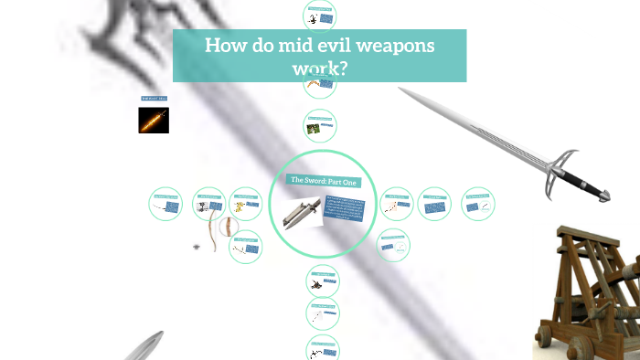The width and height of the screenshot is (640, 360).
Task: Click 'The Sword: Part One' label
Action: pyautogui.click(x=325, y=181)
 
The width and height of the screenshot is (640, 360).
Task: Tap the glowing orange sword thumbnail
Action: pyautogui.click(x=154, y=120)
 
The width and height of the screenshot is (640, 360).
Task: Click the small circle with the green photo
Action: pyautogui.click(x=319, y=126)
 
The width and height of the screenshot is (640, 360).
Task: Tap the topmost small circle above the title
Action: pyautogui.click(x=319, y=15)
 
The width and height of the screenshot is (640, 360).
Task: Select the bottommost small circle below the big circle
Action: pyautogui.click(x=321, y=348)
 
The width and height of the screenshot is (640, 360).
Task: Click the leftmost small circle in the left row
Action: pyautogui.click(x=165, y=204)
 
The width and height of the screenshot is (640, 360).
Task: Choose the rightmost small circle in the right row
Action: pyautogui.click(x=478, y=204)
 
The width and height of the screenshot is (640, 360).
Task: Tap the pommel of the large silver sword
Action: pyautogui.click(x=606, y=195)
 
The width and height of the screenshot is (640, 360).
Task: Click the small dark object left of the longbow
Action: pyautogui.click(x=197, y=247)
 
